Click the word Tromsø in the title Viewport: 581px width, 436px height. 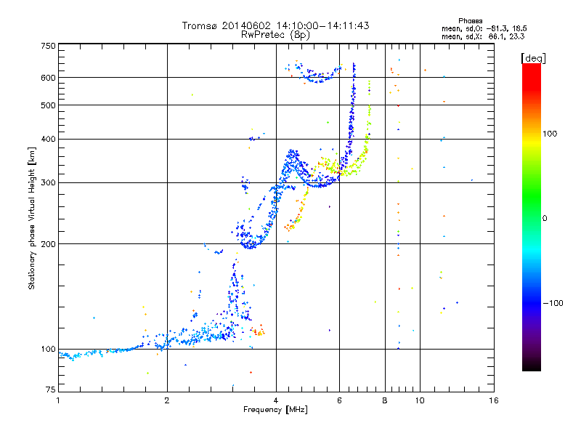(x=200, y=25)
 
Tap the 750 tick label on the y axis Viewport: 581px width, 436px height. (x=49, y=45)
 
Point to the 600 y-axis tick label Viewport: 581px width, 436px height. (x=49, y=77)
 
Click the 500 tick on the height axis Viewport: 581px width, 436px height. (x=49, y=105)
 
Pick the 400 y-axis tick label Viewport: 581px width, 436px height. (x=49, y=139)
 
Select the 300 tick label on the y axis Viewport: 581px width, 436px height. (x=49, y=182)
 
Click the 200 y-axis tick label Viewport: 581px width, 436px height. (x=49, y=243)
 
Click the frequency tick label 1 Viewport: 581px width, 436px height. (x=58, y=400)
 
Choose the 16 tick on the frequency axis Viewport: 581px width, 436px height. (x=494, y=400)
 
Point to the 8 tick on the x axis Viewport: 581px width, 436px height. (x=385, y=400)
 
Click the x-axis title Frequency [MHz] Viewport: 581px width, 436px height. (x=276, y=411)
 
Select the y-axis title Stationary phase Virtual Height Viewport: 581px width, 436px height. (x=32, y=218)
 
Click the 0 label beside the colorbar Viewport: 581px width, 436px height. (x=546, y=218)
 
